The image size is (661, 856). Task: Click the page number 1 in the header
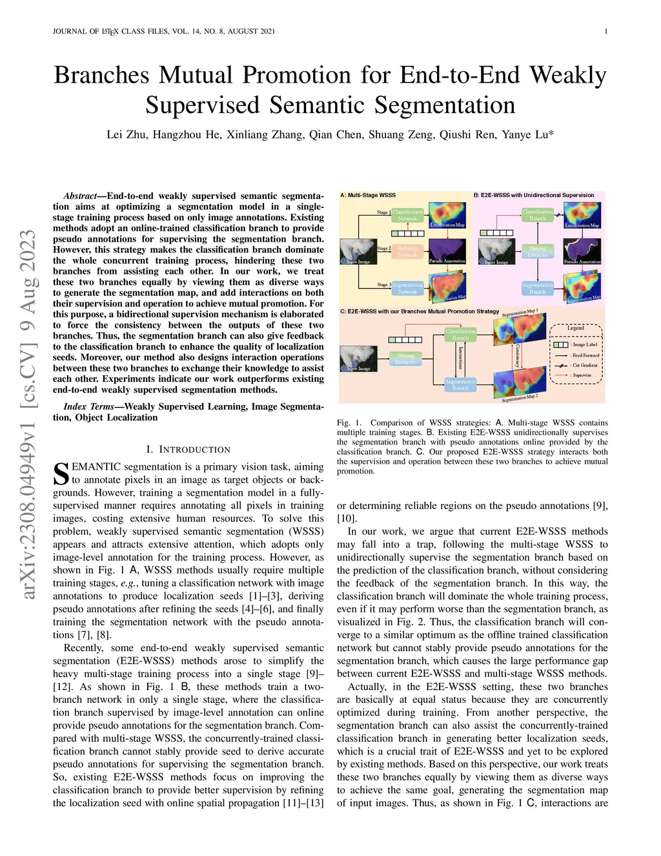coord(605,31)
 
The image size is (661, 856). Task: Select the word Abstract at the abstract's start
coord(79,196)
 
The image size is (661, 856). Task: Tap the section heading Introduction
coord(188,450)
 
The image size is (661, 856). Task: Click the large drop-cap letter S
coord(61,474)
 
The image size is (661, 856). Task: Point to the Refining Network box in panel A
coord(407,252)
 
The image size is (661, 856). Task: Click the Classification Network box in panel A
coord(407,215)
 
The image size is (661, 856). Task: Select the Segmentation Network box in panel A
coord(407,288)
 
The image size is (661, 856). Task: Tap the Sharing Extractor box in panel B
coord(537,252)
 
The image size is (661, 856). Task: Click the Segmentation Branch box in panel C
coord(460,385)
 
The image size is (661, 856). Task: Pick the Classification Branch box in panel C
coord(460,334)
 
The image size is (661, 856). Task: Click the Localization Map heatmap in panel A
coord(447,215)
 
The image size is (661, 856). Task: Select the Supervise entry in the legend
coord(581,375)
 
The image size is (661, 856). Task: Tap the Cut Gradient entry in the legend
coord(584,365)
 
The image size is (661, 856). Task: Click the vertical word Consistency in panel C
coord(518,355)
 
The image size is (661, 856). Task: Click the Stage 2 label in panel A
coord(383,248)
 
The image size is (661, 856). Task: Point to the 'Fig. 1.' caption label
coord(349,423)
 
